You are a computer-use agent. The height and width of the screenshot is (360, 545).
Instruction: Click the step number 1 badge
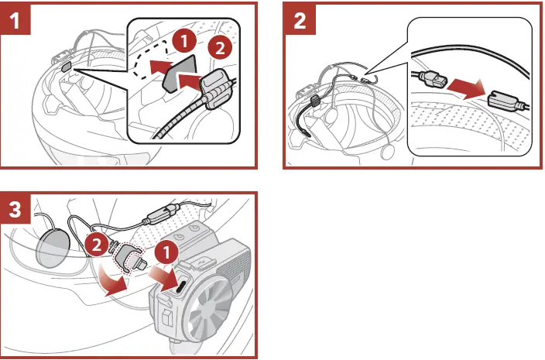[18, 19]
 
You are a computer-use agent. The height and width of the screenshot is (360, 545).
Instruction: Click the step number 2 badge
[300, 19]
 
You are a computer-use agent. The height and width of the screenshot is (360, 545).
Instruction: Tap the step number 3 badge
[18, 211]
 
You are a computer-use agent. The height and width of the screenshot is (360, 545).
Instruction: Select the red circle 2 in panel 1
[221, 49]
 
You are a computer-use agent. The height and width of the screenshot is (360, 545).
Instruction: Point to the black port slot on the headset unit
[179, 286]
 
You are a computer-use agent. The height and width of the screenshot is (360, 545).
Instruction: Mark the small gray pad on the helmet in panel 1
[65, 68]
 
